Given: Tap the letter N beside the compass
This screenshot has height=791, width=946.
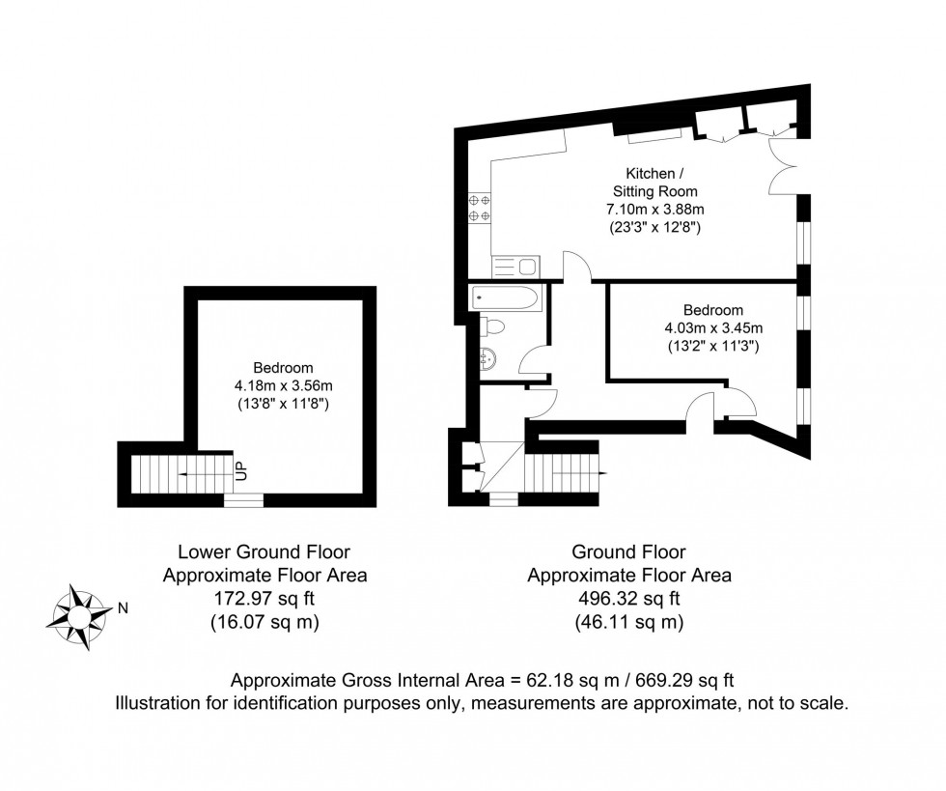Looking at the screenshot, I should click(x=123, y=608).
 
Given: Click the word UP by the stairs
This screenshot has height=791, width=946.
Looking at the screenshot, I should click(x=241, y=471).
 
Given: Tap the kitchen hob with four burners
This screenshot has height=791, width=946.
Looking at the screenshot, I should click(x=479, y=210).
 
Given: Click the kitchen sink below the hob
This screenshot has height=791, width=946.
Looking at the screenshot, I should click(x=516, y=266).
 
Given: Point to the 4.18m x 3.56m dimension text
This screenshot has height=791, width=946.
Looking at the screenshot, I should click(x=283, y=385).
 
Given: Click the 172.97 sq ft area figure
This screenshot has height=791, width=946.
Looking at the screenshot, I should click(x=264, y=599).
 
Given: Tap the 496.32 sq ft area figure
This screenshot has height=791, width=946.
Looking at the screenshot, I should click(x=628, y=599).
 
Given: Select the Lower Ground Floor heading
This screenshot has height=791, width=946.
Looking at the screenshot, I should click(x=264, y=552).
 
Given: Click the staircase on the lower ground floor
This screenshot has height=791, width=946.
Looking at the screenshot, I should click(x=180, y=473).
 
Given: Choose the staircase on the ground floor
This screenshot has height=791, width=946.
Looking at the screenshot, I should click(x=565, y=473).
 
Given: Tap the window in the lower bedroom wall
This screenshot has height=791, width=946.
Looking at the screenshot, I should click(x=243, y=499).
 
